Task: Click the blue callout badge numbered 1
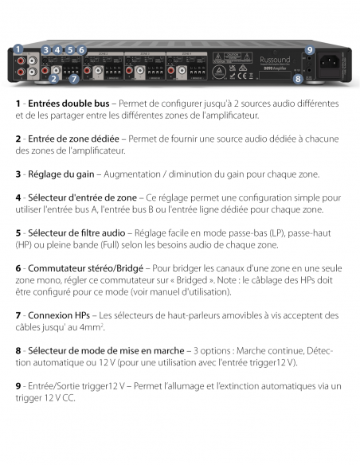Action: [17, 49]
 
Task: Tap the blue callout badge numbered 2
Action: [53, 79]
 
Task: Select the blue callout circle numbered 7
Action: [73, 79]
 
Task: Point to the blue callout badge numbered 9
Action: [310, 50]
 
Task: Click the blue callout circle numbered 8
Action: [298, 79]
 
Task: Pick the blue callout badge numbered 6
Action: [81, 50]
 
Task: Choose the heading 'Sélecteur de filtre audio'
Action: [75, 232]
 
